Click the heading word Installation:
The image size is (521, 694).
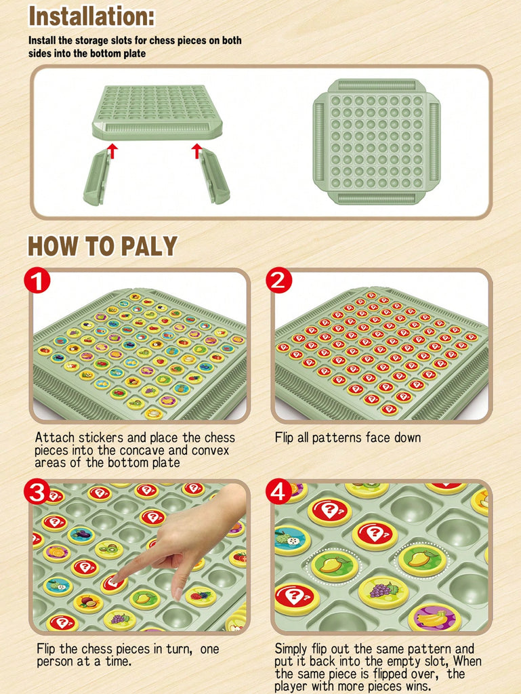point(91,17)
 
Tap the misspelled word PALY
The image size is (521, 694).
point(149,246)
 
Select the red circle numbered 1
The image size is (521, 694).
point(37,280)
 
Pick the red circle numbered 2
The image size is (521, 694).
point(278,280)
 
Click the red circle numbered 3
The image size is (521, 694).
point(37,491)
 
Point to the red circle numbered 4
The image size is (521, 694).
point(278,491)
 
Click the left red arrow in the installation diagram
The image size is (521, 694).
point(113,150)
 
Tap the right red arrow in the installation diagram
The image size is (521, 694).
point(196,150)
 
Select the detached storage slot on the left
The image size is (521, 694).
point(97,177)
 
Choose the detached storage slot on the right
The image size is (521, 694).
point(214,176)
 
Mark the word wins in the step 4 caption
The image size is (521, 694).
point(417,687)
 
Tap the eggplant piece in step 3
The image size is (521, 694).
point(81,535)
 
